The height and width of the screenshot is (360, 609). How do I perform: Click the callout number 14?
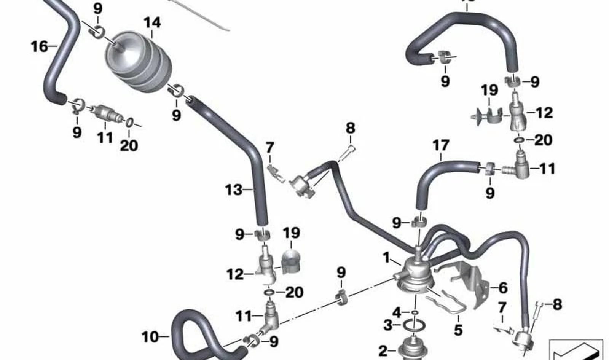tap(152, 22)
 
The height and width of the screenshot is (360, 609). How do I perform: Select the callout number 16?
tap(40, 46)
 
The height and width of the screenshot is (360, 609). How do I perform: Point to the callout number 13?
tap(234, 190)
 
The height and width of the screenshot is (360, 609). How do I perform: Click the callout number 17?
tap(441, 145)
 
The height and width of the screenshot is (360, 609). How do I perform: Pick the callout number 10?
tap(150, 337)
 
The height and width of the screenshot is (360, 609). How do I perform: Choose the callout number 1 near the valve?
tap(386, 258)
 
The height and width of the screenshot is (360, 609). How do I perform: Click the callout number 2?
tap(383, 351)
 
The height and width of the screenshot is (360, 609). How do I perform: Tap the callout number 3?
tap(388, 325)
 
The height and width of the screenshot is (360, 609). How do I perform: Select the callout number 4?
tap(397, 313)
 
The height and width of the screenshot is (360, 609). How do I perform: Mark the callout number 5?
tap(458, 330)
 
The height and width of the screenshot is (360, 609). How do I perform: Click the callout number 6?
tap(503, 288)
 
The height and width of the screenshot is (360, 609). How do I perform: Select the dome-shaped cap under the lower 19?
tap(291, 261)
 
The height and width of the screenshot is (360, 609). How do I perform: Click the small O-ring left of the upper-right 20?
tap(519, 140)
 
